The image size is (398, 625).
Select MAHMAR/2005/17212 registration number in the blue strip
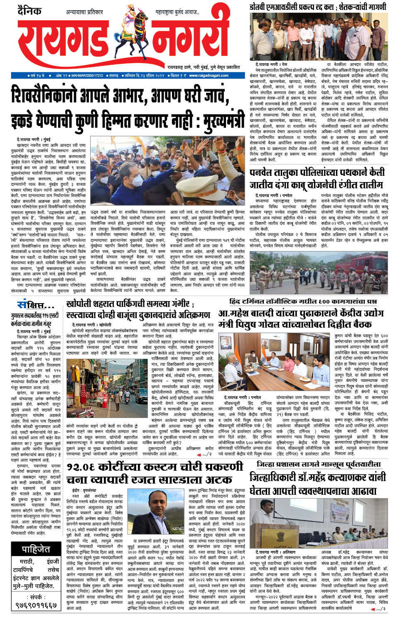coord(87,75)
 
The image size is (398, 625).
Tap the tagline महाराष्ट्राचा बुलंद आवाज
coord(178,12)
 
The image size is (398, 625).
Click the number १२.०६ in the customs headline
coord(86,467)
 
